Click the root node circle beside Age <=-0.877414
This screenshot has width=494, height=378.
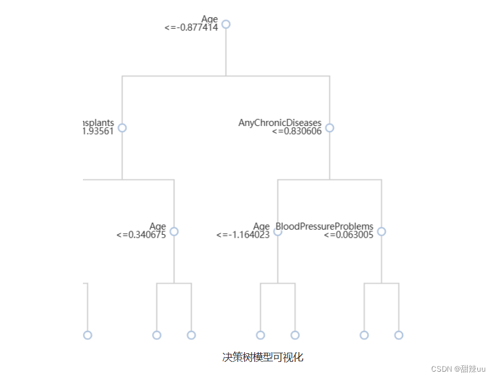[226, 24]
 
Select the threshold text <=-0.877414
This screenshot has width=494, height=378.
[191, 27]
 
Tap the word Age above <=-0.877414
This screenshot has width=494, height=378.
[210, 20]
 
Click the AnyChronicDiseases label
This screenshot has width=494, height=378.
[280, 123]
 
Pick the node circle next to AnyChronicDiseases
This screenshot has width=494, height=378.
[329, 128]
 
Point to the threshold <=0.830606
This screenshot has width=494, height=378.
[297, 131]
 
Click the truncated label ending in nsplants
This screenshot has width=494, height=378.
[98, 123]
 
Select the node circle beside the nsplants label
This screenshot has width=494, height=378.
[122, 128]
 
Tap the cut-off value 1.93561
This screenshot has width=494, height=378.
[98, 131]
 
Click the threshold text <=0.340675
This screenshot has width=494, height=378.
[141, 235]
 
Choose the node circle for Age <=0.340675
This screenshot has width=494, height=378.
[174, 231]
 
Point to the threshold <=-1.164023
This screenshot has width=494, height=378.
[243, 235]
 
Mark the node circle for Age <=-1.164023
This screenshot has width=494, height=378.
[278, 231]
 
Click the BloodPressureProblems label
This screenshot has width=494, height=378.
[325, 226]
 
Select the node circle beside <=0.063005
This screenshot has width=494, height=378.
[381, 231]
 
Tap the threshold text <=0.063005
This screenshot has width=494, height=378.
[348, 235]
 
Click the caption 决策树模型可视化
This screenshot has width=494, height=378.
[263, 357]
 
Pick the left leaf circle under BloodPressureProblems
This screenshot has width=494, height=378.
[364, 335]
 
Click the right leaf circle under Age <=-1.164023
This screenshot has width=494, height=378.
[295, 335]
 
